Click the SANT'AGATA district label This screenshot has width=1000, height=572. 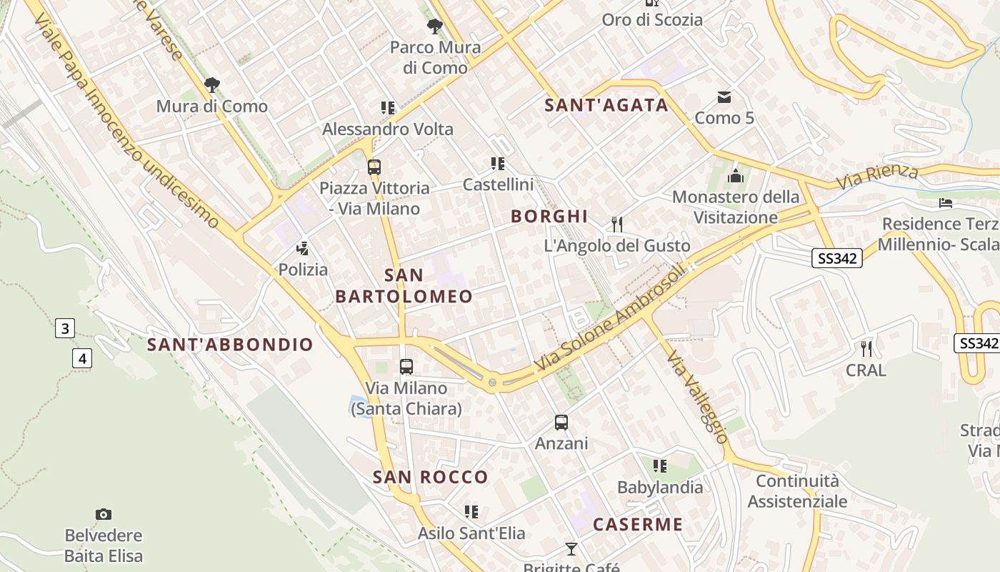point(606,106)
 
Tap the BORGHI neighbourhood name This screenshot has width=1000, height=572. point(549,217)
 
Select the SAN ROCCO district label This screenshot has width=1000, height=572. point(431,478)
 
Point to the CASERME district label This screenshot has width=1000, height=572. point(638,525)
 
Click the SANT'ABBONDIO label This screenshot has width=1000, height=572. point(230,345)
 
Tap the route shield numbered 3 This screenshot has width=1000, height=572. point(65,329)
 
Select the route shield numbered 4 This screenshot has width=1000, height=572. point(82,358)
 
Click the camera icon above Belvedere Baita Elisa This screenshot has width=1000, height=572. point(104,514)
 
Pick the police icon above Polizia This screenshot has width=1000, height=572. point(303,249)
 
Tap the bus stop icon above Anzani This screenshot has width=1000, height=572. point(561,423)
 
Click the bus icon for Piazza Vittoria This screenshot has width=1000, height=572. point(374,167)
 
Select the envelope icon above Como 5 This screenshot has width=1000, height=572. point(724,97)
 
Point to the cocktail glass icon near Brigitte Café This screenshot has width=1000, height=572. point(571,549)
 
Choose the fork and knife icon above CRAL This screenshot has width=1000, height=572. point(866,349)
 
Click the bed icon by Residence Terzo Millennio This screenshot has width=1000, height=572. point(946,203)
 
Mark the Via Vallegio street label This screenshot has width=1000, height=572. point(698,397)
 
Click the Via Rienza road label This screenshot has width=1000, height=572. point(877,176)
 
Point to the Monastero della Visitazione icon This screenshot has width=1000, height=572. point(736,176)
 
